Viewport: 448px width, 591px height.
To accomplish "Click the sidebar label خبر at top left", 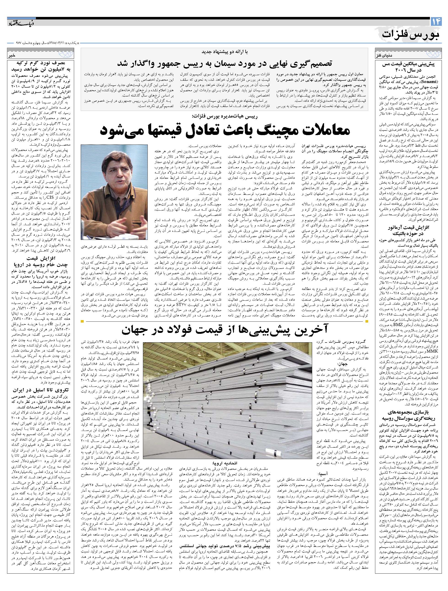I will pos(13,56).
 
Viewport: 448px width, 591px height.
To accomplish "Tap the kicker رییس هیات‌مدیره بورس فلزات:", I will pos(224,116).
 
